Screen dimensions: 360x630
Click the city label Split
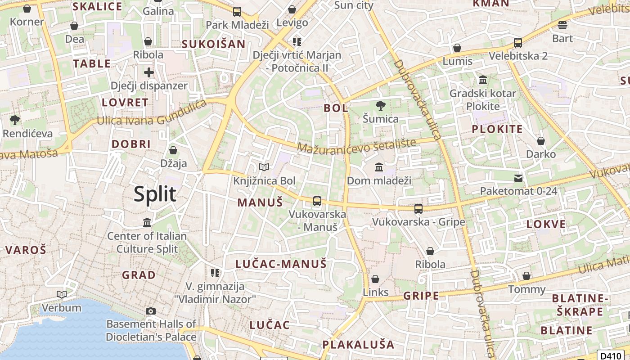pyautogui.click(x=155, y=194)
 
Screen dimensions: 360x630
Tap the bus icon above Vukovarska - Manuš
pyautogui.click(x=317, y=201)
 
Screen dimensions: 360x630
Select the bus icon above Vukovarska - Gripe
pyautogui.click(x=418, y=208)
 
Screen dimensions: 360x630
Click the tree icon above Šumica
pyautogui.click(x=381, y=106)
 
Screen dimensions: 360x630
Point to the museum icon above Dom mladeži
pyautogui.click(x=379, y=167)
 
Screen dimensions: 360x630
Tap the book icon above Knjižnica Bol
pyautogui.click(x=264, y=167)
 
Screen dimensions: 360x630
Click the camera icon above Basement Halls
pyautogui.click(x=151, y=311)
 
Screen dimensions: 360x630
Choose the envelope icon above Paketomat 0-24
pyautogui.click(x=518, y=178)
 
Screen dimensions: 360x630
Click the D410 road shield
pyautogui.click(x=611, y=355)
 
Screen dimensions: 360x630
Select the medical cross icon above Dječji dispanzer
pyautogui.click(x=148, y=72)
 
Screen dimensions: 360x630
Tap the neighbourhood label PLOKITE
pyautogui.click(x=497, y=129)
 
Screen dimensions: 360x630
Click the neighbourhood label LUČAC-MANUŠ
pyautogui.click(x=281, y=264)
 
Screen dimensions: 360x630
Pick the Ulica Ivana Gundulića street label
pyautogui.click(x=152, y=115)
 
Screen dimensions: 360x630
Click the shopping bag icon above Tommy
pyautogui.click(x=526, y=276)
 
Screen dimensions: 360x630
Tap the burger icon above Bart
pyautogui.click(x=562, y=25)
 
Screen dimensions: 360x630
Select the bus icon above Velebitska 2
pyautogui.click(x=518, y=43)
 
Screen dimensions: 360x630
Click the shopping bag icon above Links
pyautogui.click(x=375, y=279)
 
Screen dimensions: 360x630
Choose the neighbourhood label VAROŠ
pyautogui.click(x=26, y=250)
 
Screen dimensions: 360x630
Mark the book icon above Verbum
pyautogui.click(x=62, y=295)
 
